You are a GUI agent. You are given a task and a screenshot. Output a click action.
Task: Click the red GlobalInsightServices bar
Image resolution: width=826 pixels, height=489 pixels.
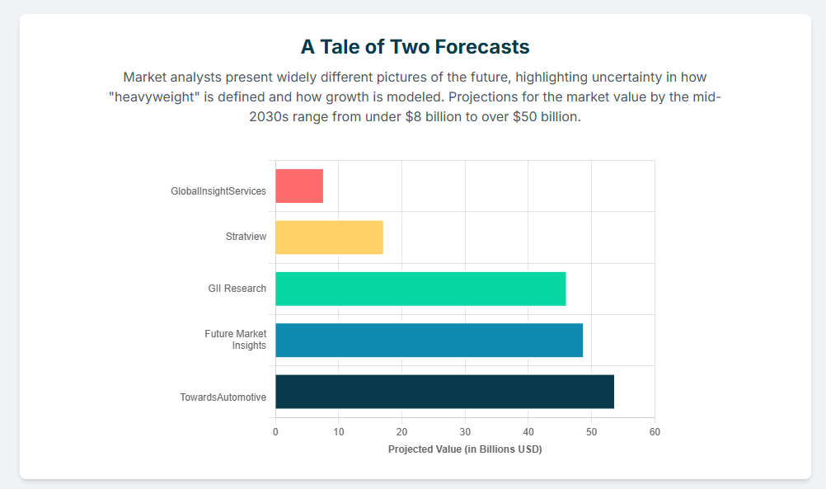299,186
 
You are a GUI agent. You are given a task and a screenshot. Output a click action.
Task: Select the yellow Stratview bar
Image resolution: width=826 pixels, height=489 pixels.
329,237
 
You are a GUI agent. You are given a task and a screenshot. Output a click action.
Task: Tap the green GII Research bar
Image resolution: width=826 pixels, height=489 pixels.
420,289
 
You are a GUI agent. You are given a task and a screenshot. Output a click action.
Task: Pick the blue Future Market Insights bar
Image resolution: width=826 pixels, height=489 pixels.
429,340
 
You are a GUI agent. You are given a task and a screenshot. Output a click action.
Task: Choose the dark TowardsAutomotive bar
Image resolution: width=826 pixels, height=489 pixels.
444,392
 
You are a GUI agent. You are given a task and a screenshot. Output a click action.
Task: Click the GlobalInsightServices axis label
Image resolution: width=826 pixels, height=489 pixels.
218,191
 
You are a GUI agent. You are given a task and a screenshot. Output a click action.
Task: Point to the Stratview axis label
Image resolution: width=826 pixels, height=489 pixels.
246,237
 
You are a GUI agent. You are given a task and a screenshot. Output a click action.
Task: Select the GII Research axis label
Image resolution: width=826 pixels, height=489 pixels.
237,289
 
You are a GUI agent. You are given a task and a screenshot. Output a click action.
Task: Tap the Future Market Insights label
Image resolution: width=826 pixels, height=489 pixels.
236,340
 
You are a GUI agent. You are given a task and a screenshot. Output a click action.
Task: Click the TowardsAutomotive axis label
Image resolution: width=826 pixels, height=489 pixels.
223,397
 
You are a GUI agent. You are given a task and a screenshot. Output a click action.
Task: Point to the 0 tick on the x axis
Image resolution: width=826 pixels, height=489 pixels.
275,432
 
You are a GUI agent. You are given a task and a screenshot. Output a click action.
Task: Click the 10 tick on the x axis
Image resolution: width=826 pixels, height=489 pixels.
339,432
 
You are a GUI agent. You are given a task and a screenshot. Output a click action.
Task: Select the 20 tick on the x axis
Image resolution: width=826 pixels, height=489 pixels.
401,432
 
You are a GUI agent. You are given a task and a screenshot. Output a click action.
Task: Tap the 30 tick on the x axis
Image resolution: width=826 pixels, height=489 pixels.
465,432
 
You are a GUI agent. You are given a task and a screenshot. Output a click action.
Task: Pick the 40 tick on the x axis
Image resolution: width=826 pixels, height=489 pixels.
528,432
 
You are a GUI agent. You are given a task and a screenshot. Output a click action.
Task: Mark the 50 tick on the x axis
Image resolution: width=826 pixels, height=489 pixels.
591,432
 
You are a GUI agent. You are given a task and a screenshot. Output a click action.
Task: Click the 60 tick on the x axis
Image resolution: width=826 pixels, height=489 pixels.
655,432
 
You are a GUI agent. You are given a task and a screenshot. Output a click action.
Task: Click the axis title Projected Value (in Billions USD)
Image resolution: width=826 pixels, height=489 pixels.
465,449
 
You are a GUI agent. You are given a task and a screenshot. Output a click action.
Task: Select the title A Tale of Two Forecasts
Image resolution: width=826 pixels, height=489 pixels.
415,46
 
